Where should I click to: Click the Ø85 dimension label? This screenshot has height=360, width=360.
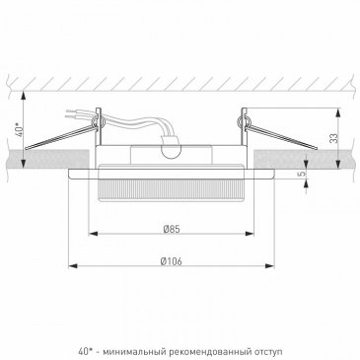click(172, 229)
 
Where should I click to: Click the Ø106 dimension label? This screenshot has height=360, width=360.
click(171, 261)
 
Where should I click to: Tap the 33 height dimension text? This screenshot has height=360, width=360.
click(334, 138)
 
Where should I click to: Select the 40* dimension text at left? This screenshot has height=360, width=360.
click(20, 129)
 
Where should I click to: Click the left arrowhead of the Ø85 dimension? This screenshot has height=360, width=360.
click(94, 234)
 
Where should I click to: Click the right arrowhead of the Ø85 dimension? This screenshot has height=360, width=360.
click(250, 234)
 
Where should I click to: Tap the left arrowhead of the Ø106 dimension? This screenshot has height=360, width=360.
click(73, 265)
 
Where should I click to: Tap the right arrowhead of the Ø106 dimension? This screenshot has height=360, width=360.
click(269, 265)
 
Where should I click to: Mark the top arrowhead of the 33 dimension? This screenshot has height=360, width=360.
click(338, 113)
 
